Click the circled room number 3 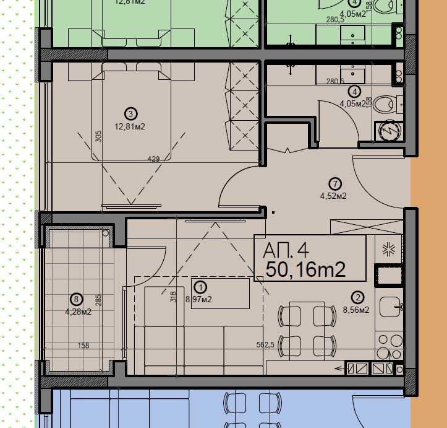(x=130, y=113)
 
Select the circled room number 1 (x=200, y=287)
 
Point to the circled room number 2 (x=357, y=297)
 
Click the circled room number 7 (x=334, y=183)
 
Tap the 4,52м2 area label (x=333, y=196)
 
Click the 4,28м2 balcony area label (x=78, y=312)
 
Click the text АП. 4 (x=286, y=251)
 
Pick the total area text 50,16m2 (x=305, y=270)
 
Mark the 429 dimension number (x=153, y=159)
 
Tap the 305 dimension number (x=99, y=136)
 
